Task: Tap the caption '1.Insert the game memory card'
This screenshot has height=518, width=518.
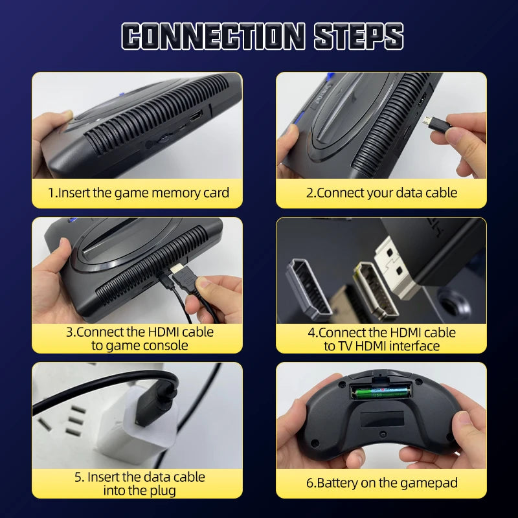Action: click(x=138, y=193)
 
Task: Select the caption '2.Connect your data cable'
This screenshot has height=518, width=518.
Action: click(x=381, y=193)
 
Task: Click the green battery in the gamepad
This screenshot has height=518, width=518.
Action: click(x=382, y=390)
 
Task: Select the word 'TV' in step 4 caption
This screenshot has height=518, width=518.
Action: click(x=348, y=346)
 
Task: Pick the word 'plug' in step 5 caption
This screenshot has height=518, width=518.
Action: click(x=162, y=490)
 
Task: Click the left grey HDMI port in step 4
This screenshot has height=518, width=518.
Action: click(x=308, y=289)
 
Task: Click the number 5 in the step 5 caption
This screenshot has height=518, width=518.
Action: click(x=78, y=477)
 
